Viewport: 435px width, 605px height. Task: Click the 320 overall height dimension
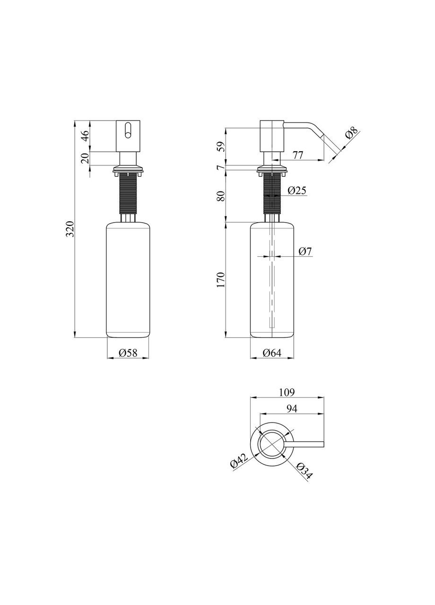point(70,229)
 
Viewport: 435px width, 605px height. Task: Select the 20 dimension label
point(85,158)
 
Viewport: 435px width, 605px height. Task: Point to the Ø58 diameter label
point(128,352)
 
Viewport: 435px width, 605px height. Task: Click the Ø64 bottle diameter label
point(272,353)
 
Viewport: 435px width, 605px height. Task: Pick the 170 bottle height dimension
point(221,280)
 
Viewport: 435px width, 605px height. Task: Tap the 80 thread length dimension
point(221,196)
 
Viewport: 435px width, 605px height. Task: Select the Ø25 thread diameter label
point(296,190)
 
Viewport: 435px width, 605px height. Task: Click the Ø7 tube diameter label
point(305,251)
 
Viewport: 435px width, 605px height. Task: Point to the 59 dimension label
point(221,147)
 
